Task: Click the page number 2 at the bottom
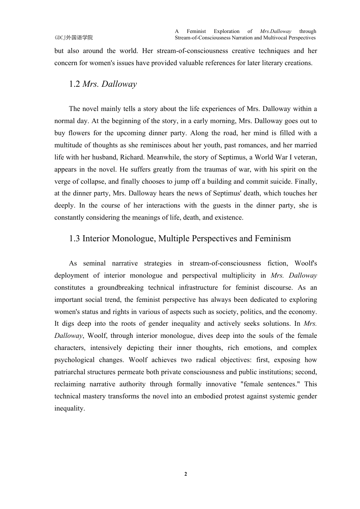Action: click(186, 474)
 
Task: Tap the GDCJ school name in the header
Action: click(74, 37)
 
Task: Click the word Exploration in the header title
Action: click(227, 31)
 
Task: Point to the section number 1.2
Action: click(74, 84)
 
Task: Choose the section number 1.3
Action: click(74, 239)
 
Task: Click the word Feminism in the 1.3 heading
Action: click(272, 239)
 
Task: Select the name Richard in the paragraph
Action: click(131, 157)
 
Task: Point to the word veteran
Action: click(305, 157)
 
